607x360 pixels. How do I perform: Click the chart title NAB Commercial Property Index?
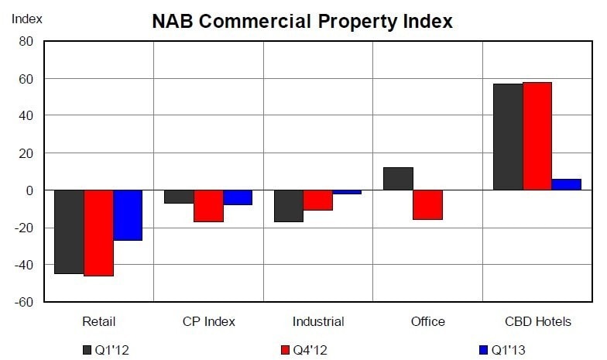point(302,22)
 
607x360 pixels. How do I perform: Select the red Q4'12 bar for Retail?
point(98,232)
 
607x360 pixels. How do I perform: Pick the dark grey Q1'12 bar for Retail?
point(69,231)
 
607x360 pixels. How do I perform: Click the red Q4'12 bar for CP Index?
point(208,206)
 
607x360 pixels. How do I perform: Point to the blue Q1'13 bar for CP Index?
point(238,197)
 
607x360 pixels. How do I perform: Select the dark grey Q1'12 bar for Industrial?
point(289,206)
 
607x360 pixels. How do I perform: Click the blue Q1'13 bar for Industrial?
point(347,192)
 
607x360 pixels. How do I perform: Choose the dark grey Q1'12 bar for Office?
point(398,179)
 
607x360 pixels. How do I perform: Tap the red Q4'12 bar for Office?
point(427,204)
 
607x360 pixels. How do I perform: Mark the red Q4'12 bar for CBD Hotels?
point(537,136)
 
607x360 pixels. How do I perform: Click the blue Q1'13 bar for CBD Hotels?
point(566,184)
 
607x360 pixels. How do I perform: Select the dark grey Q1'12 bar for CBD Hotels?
point(508,137)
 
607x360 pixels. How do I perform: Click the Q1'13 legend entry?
point(502,350)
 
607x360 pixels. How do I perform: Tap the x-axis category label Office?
point(427,321)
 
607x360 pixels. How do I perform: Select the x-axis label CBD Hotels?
point(537,321)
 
